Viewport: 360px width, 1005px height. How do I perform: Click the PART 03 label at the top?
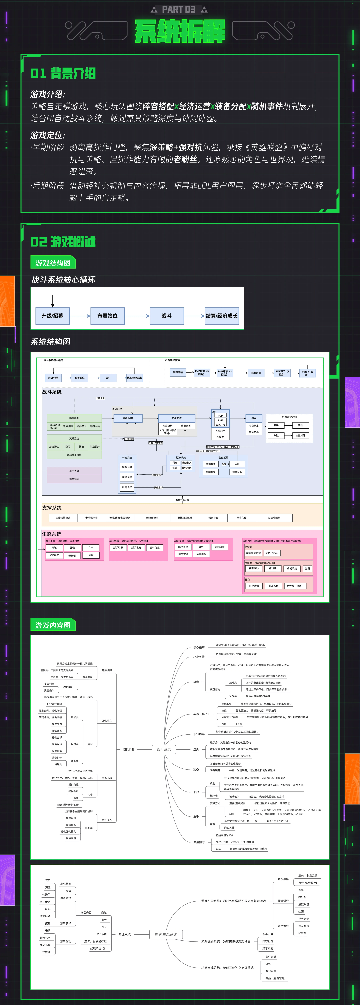[179, 9]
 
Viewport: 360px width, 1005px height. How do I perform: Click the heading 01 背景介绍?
[63, 73]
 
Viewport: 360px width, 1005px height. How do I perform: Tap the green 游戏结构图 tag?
[53, 263]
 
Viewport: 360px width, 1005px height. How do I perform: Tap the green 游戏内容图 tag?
[53, 625]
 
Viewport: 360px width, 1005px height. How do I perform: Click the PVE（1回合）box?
[307, 373]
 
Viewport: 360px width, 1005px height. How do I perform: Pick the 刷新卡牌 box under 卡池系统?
[127, 467]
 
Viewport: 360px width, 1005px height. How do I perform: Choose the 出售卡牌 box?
[127, 487]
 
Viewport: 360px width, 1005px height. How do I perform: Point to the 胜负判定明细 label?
[289, 417]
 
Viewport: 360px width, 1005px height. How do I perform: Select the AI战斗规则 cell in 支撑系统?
[274, 518]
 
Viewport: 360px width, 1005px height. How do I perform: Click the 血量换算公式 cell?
[63, 518]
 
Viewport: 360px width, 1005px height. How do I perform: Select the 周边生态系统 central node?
[166, 934]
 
